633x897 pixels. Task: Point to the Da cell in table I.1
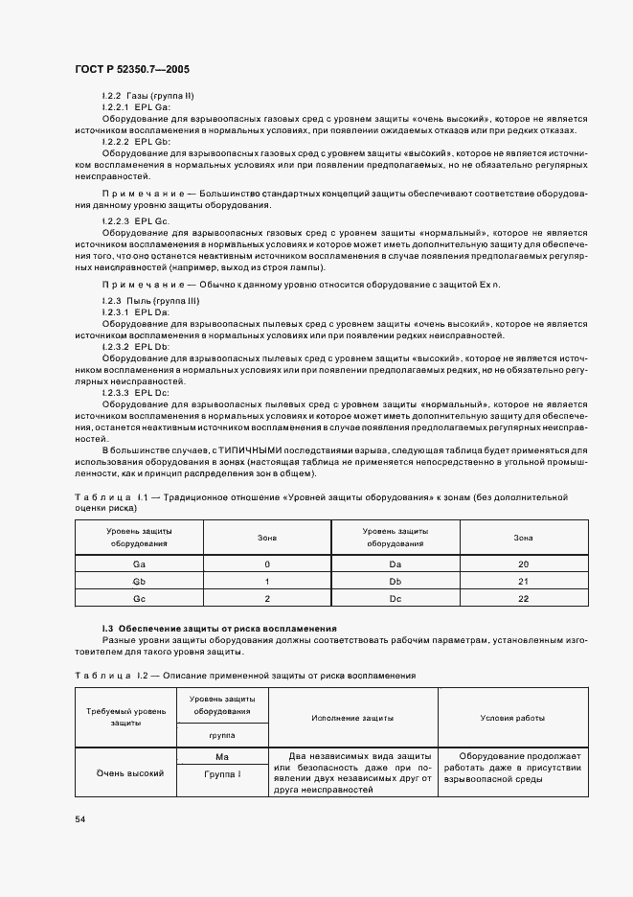[395, 564]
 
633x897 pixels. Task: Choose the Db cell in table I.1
[395, 582]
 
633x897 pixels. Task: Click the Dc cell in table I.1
[395, 599]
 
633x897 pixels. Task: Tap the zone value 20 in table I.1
[523, 564]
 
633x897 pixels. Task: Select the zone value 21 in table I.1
[523, 582]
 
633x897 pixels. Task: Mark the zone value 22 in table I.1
[523, 599]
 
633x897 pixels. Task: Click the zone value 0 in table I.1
[267, 564]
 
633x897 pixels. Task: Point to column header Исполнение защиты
[352, 717]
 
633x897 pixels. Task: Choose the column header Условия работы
[512, 717]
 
